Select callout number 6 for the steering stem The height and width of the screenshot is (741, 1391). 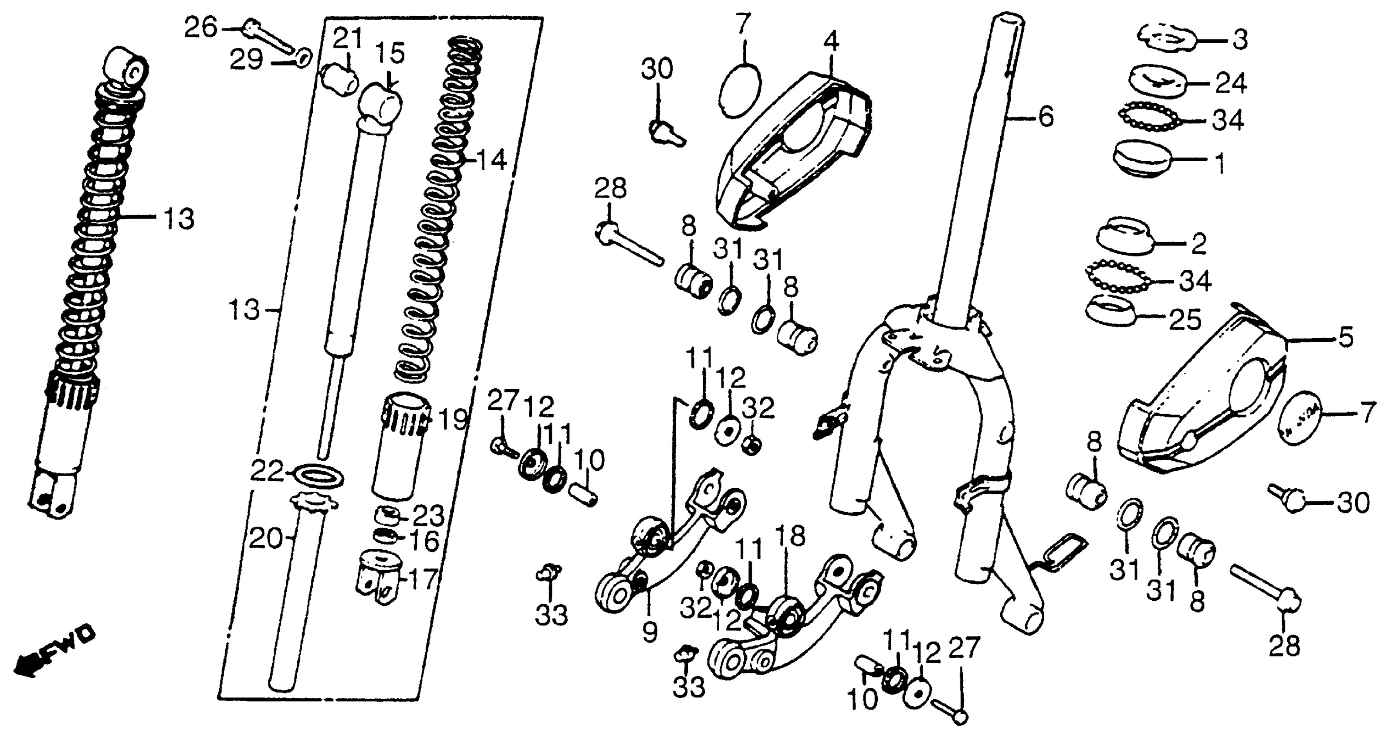point(1046,117)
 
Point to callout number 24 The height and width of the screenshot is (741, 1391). point(1231,84)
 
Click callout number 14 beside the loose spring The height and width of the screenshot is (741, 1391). point(492,160)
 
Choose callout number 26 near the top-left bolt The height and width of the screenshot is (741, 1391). point(200,27)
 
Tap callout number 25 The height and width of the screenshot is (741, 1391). point(1185,320)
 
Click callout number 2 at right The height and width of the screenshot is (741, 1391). point(1198,244)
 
